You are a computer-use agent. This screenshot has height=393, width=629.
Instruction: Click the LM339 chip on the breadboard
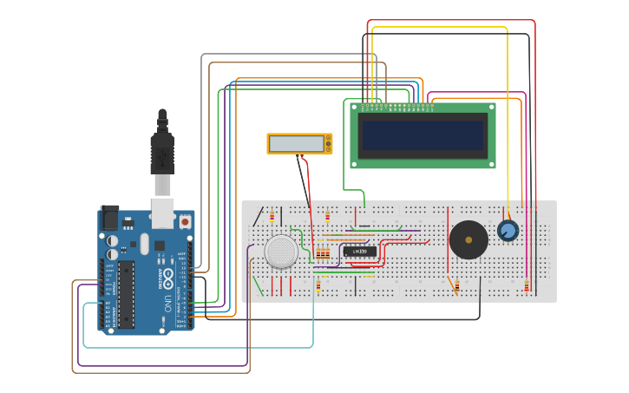click(x=360, y=252)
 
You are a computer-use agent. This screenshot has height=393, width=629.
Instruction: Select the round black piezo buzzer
click(x=468, y=239)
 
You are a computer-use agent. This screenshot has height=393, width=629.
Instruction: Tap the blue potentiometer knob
click(x=508, y=230)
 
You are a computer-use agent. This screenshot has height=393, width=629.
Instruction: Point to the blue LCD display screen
click(x=423, y=134)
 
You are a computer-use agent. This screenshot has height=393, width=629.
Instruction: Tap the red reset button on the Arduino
click(x=184, y=222)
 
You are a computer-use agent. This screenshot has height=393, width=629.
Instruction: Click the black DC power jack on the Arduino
click(x=110, y=218)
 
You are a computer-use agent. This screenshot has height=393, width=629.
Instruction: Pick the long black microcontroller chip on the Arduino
click(x=127, y=294)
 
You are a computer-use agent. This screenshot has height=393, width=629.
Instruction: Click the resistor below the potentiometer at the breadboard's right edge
click(x=527, y=285)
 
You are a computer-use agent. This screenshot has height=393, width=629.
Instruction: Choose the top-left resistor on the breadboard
click(x=272, y=215)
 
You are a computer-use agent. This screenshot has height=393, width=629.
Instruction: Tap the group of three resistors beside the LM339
click(x=323, y=253)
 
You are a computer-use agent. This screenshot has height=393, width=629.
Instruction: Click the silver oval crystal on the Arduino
click(x=145, y=244)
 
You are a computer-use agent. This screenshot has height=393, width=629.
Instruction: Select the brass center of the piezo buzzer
click(x=468, y=239)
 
